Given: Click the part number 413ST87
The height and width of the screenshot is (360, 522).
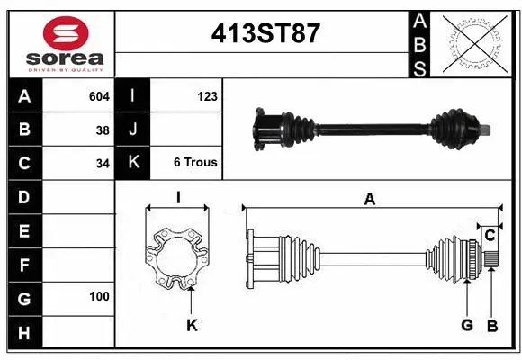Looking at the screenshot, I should pyautogui.click(x=265, y=34).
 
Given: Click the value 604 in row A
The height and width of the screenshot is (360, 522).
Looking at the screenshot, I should pyautogui.click(x=99, y=95).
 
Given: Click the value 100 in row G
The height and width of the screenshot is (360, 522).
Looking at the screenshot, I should pyautogui.click(x=99, y=296).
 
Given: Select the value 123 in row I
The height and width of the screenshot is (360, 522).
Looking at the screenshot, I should pyautogui.click(x=207, y=95).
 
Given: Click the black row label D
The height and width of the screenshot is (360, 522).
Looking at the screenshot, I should pyautogui.click(x=23, y=196).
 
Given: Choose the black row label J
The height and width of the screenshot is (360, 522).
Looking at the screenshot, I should pyautogui.click(x=133, y=130).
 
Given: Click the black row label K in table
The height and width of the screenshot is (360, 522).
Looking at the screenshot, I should pyautogui.click(x=133, y=163).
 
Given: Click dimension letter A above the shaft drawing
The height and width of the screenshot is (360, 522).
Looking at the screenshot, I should pyautogui.click(x=369, y=200).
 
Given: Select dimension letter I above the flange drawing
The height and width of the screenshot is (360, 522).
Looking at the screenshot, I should pyautogui.click(x=178, y=197).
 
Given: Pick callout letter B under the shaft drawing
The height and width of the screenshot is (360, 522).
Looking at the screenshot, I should pyautogui.click(x=492, y=326).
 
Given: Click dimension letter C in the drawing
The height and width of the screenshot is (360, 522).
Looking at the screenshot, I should pyautogui.click(x=490, y=236).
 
